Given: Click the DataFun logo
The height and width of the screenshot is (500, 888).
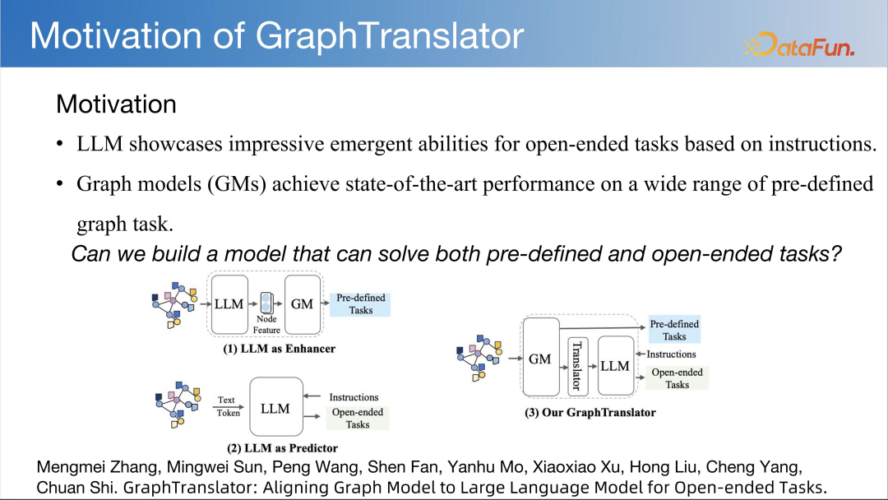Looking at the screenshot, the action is tap(799, 44).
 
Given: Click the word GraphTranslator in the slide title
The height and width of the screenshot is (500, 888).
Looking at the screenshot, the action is tap(390, 35).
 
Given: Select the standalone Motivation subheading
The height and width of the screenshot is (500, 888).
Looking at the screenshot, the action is tap(116, 104).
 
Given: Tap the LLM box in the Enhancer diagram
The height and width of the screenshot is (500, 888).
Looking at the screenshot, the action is tap(229, 304).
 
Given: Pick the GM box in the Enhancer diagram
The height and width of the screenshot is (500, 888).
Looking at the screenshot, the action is tap(303, 304).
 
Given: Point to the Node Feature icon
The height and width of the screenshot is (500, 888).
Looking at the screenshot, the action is tap(266, 303).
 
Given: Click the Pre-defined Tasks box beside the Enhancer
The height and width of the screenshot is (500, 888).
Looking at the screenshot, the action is tap(360, 304).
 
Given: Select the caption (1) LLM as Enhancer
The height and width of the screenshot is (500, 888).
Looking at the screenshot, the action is tap(280, 349).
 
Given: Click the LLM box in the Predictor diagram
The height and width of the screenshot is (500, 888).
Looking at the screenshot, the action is tap(275, 408).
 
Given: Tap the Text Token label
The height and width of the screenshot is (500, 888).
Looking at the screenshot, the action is tap(229, 406).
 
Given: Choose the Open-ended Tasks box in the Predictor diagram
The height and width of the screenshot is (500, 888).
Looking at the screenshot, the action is tap(358, 419).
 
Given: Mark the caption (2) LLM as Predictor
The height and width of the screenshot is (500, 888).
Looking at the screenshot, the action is tap(282, 448).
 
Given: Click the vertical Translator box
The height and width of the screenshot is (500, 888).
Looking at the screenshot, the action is tap(577, 366).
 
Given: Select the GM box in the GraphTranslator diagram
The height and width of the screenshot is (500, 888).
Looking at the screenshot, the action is tap(540, 358).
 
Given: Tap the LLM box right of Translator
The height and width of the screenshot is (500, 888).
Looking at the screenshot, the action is tap(616, 366).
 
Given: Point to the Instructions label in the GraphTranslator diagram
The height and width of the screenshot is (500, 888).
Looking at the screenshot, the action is tap(671, 354).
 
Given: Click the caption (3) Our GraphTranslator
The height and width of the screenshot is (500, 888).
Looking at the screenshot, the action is tap(590, 413).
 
